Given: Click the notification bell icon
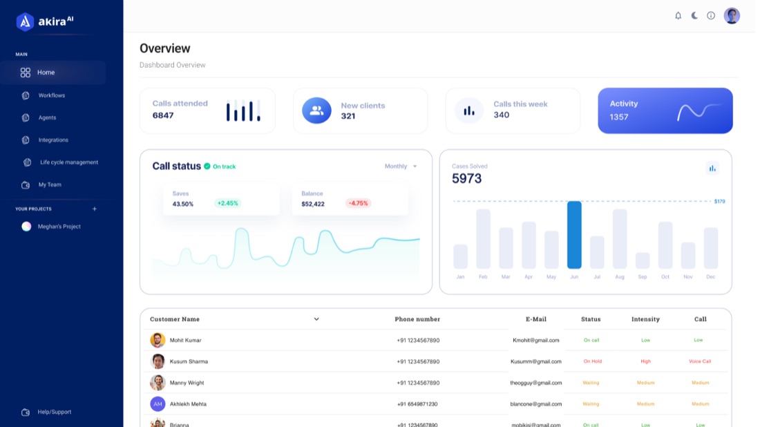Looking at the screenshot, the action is (x=678, y=15).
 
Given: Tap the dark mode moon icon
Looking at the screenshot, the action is (x=694, y=15).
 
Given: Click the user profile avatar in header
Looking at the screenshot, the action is (x=732, y=15).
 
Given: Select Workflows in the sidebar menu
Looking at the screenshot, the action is (x=51, y=95).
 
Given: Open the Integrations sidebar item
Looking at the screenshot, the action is (x=53, y=140).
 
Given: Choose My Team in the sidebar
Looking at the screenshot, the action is (x=50, y=184).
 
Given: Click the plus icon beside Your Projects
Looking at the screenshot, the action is (x=95, y=209).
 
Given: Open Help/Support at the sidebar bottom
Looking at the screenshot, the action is (x=55, y=412).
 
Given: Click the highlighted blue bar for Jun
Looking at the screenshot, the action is (x=574, y=235).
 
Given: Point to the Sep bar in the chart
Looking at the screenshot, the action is (x=643, y=260).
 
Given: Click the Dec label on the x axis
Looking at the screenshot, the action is (x=710, y=277).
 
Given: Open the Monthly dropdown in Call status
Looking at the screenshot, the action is (x=400, y=167).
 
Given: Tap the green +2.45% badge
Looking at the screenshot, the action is (x=228, y=203).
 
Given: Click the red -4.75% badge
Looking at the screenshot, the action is (x=358, y=203).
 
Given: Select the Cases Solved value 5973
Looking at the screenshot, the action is (x=467, y=178).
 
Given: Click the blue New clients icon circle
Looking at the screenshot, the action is (x=316, y=111).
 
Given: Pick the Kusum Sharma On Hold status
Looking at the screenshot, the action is (x=592, y=361).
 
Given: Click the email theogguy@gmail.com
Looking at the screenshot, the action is (x=535, y=383).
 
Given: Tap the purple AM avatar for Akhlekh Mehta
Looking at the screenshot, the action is (x=158, y=404).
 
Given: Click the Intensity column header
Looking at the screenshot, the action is (x=645, y=319).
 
